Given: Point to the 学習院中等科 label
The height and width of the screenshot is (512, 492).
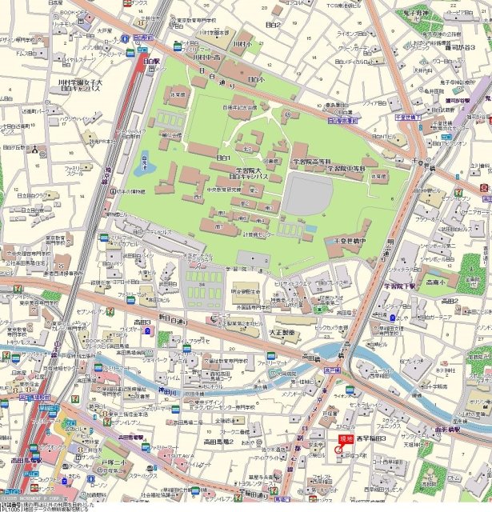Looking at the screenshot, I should (x=343, y=169).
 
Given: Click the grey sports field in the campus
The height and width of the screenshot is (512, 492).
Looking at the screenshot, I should (x=308, y=195).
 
